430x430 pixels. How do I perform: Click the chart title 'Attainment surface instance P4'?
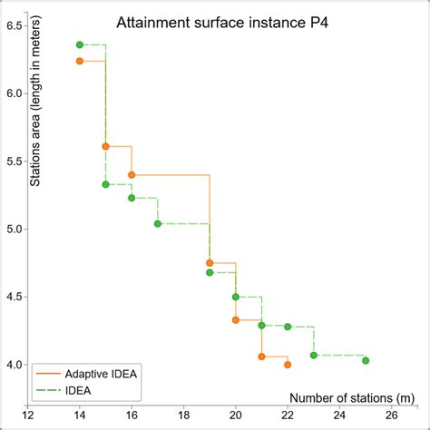click(215, 23)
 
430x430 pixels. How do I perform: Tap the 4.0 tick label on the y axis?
click(15, 365)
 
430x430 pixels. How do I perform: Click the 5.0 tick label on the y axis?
click(15, 230)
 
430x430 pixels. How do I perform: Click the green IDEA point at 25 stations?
click(366, 360)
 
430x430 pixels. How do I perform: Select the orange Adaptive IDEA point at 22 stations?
click(288, 365)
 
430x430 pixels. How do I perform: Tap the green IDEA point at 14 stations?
click(80, 44)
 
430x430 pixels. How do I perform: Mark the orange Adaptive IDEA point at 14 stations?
click(80, 61)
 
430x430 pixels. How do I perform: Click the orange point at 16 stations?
click(132, 174)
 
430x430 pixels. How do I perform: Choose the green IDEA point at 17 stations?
click(158, 223)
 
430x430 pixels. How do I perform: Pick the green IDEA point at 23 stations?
click(314, 355)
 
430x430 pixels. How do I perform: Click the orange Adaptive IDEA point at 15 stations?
click(105, 146)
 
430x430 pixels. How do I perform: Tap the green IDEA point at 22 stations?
click(288, 327)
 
